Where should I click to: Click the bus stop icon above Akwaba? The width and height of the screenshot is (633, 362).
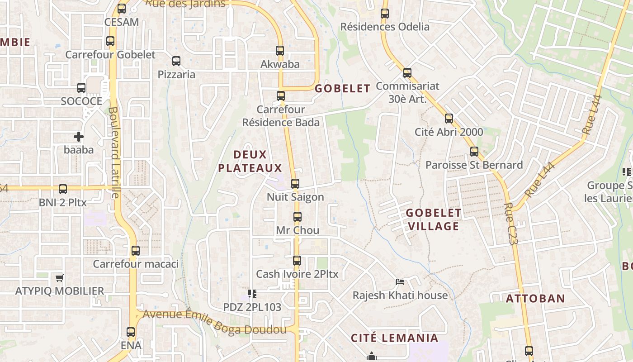tap(280, 51)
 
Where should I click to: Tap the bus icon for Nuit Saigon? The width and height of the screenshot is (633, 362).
tap(295, 184)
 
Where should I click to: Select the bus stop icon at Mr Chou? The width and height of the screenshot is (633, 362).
tap(297, 217)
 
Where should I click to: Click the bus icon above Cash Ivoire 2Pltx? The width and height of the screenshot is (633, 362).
tap(297, 261)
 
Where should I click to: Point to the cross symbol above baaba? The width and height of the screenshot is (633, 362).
tap(79, 136)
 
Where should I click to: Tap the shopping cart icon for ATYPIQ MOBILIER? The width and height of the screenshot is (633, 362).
tap(59, 278)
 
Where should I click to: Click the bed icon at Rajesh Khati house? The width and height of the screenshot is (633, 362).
tap(400, 282)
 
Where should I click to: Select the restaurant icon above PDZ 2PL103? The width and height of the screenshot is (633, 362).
tap(252, 294)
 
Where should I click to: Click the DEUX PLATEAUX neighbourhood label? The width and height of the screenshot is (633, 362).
tap(250, 162)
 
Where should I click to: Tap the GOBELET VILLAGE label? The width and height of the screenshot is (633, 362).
tap(433, 219)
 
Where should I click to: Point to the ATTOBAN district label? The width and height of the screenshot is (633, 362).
tap(535, 299)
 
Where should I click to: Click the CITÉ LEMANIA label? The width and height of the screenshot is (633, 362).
tap(395, 338)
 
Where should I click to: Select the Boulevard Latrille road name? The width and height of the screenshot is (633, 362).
tap(114, 152)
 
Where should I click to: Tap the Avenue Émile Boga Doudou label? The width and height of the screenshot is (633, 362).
tap(215, 322)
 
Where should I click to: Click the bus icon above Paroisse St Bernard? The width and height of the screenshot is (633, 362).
tap(474, 152)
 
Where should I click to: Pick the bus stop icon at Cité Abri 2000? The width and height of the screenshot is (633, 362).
tap(449, 119)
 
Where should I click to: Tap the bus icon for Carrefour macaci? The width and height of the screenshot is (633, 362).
tap(136, 251)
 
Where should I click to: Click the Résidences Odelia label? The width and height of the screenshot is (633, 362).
tap(385, 27)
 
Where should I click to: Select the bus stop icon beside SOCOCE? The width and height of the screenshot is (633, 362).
tap(81, 88)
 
